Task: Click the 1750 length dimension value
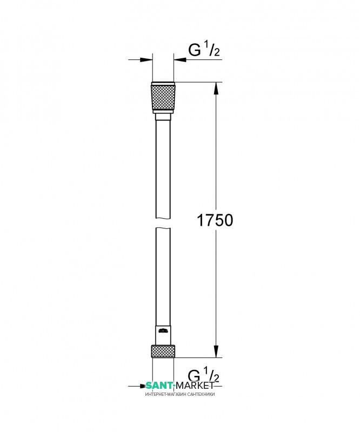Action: (x=215, y=220)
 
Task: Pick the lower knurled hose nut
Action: (x=163, y=352)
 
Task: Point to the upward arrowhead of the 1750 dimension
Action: (x=216, y=88)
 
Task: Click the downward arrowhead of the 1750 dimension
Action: (x=216, y=352)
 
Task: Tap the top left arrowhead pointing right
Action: (x=146, y=59)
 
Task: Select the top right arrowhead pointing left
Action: (x=180, y=59)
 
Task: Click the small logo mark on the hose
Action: (x=163, y=330)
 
